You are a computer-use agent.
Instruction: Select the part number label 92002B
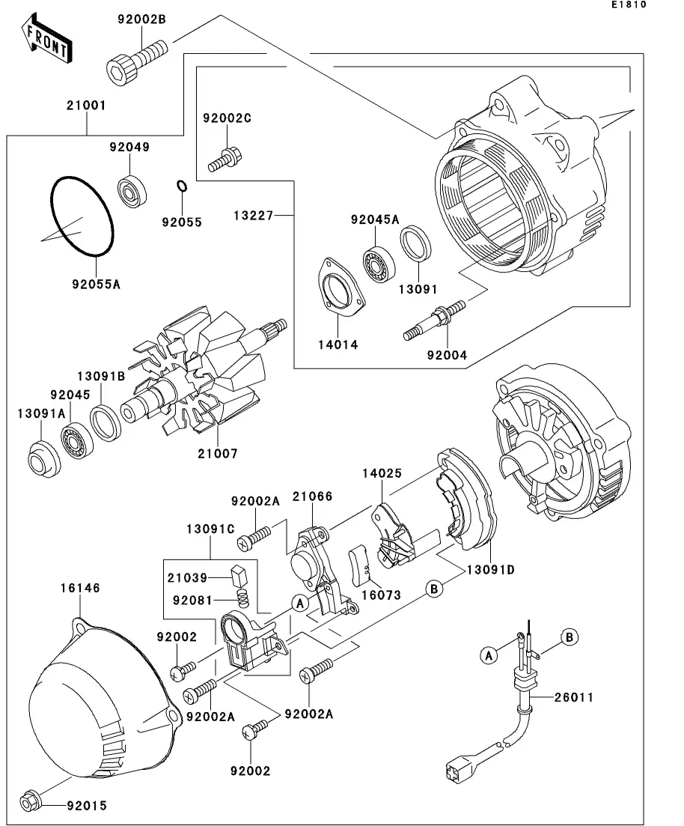click(x=141, y=20)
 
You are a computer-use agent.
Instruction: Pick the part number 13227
click(x=254, y=216)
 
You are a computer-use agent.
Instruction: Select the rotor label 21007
click(x=218, y=454)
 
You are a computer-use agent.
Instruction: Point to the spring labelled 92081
click(x=242, y=599)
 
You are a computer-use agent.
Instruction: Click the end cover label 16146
click(x=80, y=589)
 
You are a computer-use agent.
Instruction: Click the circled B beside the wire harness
click(x=570, y=637)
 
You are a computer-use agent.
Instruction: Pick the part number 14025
click(x=382, y=474)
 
